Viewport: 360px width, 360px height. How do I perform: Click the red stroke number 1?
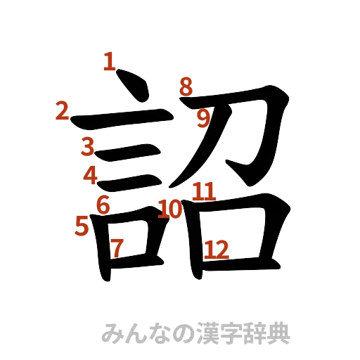click(108, 62)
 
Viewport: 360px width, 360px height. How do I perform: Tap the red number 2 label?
click(62, 111)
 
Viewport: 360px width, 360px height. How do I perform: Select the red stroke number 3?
click(87, 146)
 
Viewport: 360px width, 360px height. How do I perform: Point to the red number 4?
click(90, 174)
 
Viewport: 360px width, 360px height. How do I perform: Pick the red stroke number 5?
click(82, 226)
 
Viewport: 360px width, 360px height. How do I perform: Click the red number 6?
click(103, 205)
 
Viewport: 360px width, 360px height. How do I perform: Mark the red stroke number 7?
click(117, 247)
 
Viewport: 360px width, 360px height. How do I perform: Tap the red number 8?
click(186, 86)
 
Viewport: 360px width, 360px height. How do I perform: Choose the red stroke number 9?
click(203, 119)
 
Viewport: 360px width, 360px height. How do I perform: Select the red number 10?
click(170, 209)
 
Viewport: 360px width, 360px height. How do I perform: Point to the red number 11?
click(204, 191)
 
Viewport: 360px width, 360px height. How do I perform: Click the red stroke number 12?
click(216, 248)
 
